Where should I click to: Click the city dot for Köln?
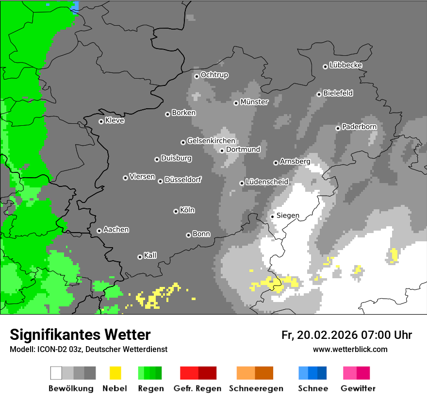[x=176, y=211]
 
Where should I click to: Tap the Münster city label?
[x=254, y=102]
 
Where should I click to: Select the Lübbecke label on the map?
[x=345, y=65]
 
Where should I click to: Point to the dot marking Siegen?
[x=272, y=217]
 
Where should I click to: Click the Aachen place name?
[x=116, y=230]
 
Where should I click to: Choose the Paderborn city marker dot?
[x=338, y=128]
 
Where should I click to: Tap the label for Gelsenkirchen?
[x=211, y=141]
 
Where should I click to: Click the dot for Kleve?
[x=101, y=121]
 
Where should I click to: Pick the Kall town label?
[x=150, y=255]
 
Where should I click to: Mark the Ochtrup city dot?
[x=197, y=76]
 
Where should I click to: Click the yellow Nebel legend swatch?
[x=115, y=373]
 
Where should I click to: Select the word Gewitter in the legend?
[x=358, y=388]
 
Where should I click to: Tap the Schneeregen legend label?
[x=255, y=388]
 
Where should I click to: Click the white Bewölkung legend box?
[x=56, y=373]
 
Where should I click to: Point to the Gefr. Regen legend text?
[x=197, y=388]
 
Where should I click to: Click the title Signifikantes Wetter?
[x=80, y=335]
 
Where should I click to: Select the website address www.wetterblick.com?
[x=350, y=349]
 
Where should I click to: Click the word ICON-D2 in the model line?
[x=49, y=349]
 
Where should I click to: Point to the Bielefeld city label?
[x=338, y=93]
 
